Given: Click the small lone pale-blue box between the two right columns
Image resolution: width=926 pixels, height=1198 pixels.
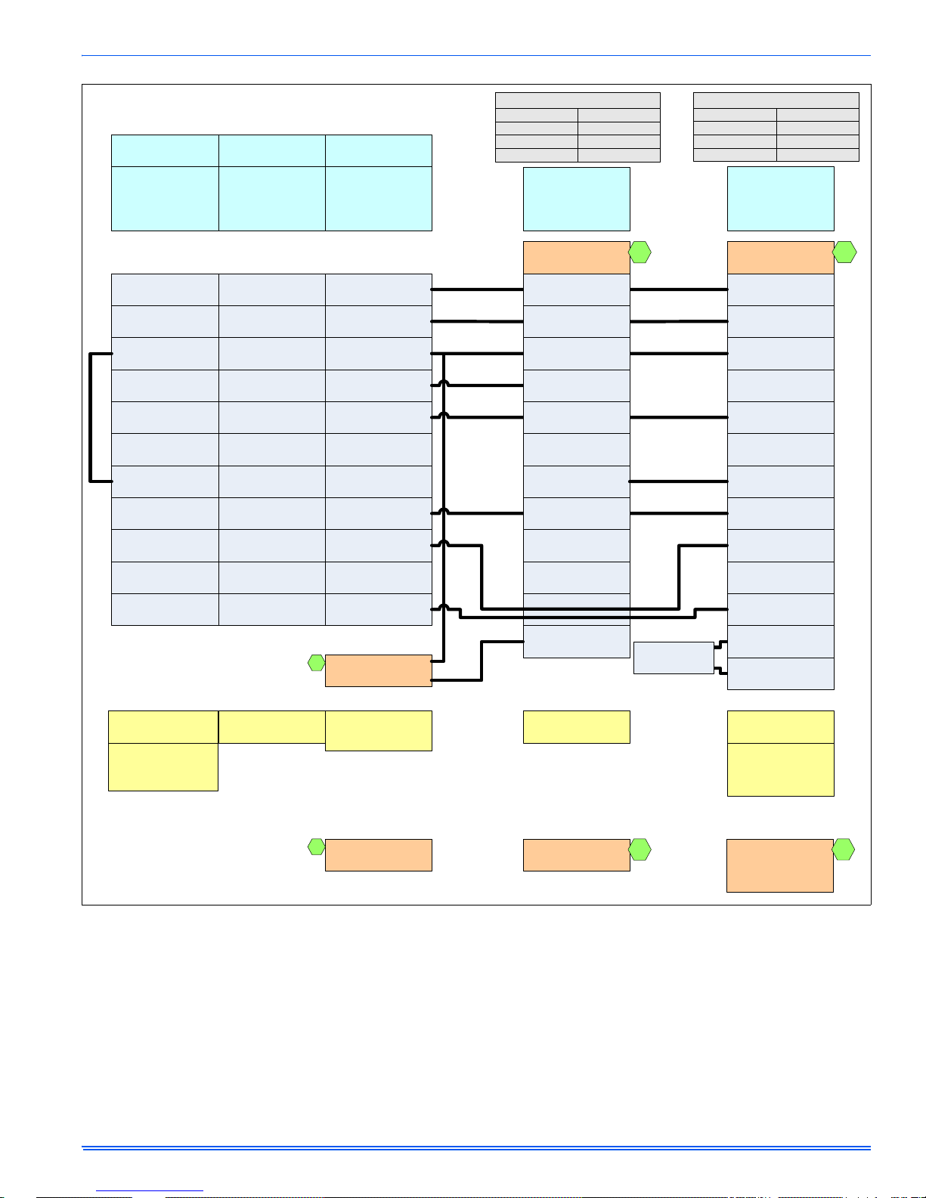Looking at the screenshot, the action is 673,658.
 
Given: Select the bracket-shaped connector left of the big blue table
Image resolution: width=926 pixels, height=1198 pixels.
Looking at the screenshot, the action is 91,416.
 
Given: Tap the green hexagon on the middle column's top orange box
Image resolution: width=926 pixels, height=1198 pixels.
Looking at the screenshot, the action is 640,252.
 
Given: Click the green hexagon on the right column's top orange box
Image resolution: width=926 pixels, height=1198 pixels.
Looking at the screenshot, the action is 844,252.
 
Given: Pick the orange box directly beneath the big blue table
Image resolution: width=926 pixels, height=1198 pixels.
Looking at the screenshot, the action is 378,670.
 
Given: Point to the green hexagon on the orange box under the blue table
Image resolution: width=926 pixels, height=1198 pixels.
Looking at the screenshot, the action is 317,663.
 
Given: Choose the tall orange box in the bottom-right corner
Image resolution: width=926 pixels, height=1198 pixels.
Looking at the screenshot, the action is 779,865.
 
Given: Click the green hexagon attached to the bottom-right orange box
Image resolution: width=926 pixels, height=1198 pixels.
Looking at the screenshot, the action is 844,850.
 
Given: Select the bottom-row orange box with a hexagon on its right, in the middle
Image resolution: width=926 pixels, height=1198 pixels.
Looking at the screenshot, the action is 576,855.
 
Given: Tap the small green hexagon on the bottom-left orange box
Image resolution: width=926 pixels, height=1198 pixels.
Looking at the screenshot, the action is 317,847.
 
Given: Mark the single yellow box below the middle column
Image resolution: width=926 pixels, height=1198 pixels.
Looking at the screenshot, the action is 576,726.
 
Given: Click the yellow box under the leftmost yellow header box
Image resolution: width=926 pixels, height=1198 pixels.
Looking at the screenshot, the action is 163,767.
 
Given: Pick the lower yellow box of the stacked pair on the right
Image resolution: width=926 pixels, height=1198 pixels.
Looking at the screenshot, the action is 780,769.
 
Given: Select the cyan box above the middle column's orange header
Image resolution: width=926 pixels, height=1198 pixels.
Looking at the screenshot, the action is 576,198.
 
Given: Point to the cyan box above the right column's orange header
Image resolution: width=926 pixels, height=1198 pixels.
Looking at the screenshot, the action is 780,198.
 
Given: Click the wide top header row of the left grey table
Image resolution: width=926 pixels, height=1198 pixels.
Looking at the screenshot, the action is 578,100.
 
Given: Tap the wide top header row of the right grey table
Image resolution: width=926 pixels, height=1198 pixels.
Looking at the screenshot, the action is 776,100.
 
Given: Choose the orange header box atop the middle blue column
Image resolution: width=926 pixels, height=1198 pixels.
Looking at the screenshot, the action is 576,257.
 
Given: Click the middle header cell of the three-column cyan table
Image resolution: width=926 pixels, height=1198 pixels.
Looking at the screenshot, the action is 271,150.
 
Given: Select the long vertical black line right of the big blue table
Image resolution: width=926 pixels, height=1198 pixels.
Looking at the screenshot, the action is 444,506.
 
